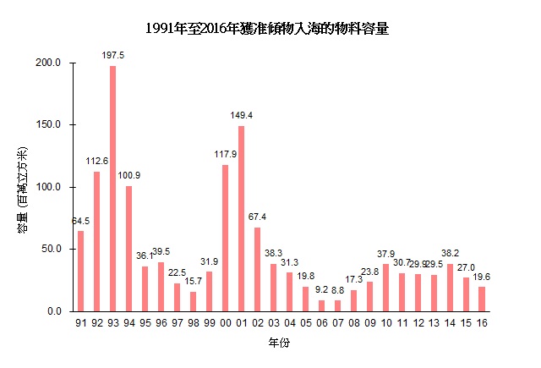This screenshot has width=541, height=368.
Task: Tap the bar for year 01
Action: click(242, 218)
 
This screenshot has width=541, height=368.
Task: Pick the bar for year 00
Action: click(226, 238)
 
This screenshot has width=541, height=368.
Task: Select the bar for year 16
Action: click(482, 299)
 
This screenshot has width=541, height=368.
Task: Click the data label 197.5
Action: click(113, 55)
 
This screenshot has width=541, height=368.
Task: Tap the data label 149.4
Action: click(243, 114)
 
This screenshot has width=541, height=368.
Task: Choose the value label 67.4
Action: click(258, 217)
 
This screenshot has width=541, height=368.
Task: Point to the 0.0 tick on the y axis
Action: click(55, 311)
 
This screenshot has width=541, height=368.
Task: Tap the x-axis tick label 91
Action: click(81, 322)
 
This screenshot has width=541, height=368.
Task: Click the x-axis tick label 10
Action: click(386, 322)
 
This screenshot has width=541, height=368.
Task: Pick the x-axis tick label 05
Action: click(306, 322)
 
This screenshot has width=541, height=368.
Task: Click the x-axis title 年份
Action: click(278, 345)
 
